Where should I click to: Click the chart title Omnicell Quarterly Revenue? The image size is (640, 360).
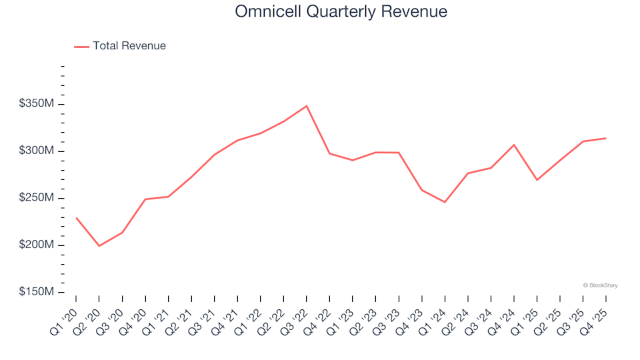click(341, 12)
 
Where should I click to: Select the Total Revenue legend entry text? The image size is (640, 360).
click(129, 46)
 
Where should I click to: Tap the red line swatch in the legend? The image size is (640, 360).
click(81, 47)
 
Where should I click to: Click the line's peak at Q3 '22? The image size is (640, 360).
click(307, 106)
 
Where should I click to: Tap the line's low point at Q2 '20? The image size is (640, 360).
click(99, 246)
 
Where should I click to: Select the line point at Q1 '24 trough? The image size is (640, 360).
click(445, 202)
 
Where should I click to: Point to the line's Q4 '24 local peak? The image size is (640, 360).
click(514, 145)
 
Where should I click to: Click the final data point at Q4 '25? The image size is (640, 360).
click(605, 138)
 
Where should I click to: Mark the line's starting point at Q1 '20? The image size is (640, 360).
click(76, 218)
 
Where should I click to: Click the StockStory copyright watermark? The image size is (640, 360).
click(600, 285)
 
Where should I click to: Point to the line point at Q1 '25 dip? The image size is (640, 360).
click(537, 180)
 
